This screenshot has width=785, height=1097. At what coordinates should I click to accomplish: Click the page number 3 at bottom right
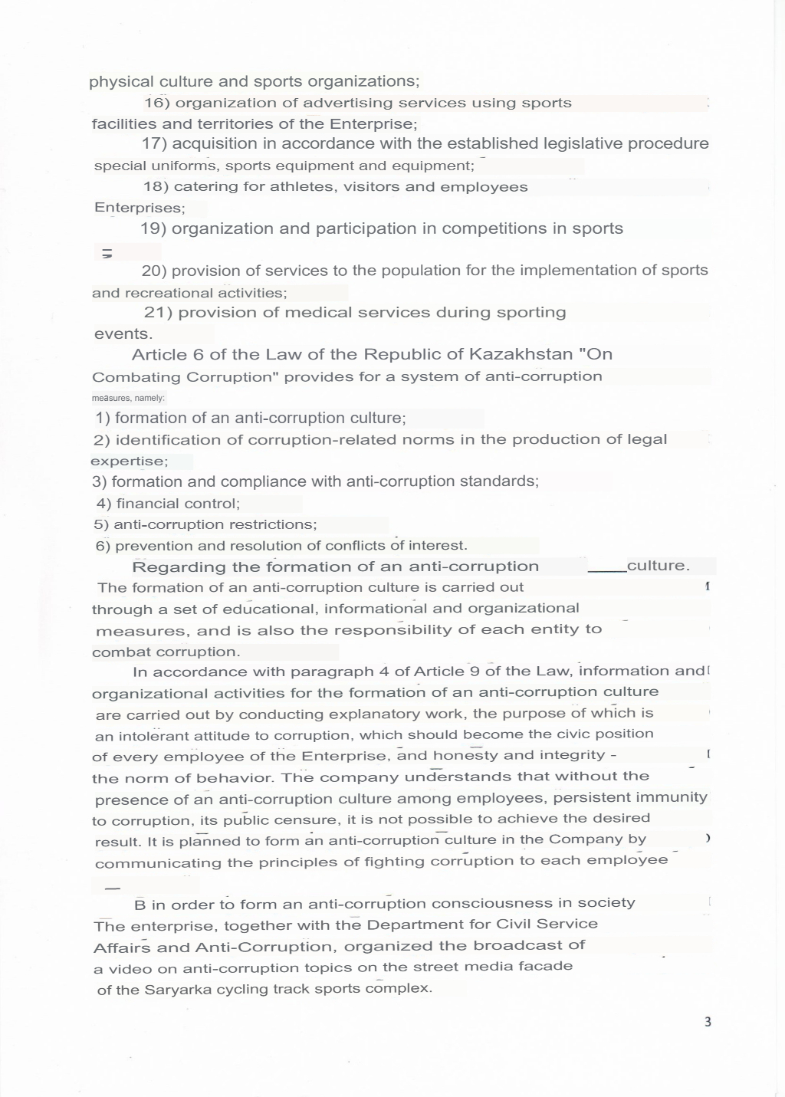click(x=708, y=1022)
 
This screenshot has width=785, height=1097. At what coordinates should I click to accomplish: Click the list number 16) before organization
click(x=157, y=103)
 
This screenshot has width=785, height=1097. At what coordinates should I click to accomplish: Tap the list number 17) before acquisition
click(x=155, y=144)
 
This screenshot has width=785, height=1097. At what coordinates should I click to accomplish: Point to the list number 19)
click(x=154, y=228)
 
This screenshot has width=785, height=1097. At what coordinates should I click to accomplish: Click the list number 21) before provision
click(x=158, y=313)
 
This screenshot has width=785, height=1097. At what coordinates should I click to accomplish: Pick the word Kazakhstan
click(x=521, y=354)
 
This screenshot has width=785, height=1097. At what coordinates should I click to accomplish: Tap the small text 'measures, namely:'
click(x=128, y=399)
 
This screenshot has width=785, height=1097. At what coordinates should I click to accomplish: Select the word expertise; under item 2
click(x=129, y=461)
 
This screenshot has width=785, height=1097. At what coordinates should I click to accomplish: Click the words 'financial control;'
click(x=178, y=504)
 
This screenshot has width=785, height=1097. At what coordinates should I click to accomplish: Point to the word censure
click(x=310, y=819)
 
